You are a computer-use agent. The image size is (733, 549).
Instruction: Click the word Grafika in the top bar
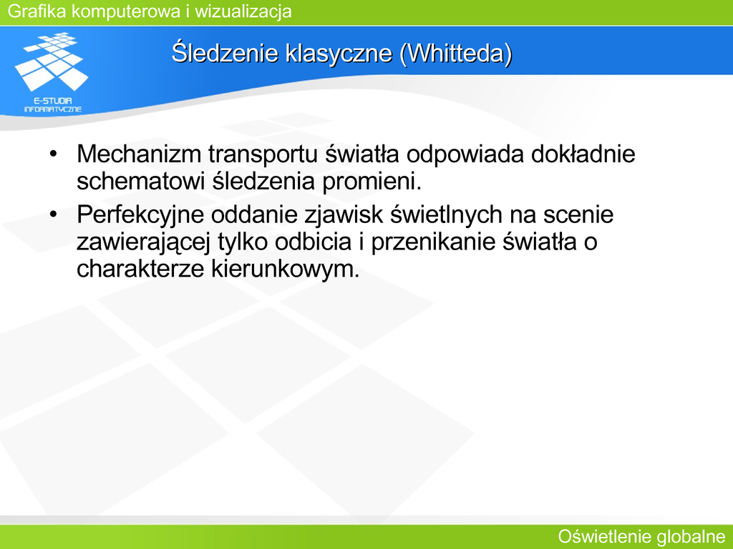(37, 11)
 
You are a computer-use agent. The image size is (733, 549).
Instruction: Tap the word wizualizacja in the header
(243, 11)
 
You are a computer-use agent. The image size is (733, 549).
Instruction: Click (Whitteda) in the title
(456, 53)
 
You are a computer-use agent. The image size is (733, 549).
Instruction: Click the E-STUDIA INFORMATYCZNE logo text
(53, 104)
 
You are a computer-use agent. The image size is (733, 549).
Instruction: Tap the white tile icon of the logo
(52, 61)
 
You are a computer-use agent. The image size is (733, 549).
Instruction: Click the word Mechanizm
(139, 154)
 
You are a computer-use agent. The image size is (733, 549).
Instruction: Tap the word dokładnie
(583, 154)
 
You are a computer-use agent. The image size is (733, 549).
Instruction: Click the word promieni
(372, 182)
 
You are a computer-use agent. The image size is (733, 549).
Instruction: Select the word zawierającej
(144, 242)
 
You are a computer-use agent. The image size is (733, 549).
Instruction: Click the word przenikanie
(433, 242)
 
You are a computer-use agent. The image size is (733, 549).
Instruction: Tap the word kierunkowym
(285, 269)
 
